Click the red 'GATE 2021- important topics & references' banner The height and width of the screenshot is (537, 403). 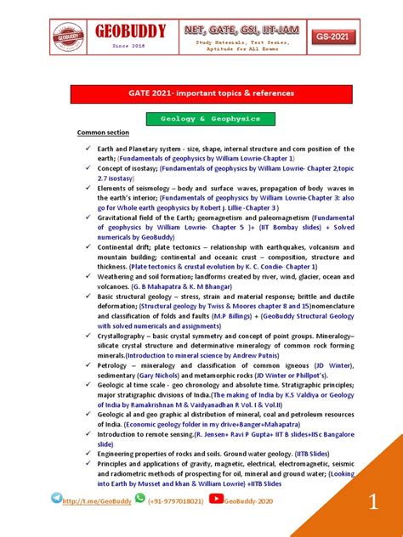(x=201, y=93)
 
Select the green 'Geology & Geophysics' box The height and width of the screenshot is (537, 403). (x=201, y=119)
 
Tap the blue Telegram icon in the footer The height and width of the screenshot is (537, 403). (x=57, y=499)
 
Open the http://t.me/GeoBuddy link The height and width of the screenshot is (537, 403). (x=97, y=501)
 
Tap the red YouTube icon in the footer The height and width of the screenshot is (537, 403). (x=216, y=500)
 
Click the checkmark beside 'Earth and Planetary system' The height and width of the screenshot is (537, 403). (x=88, y=149)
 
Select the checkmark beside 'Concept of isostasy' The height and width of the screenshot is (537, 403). (x=88, y=168)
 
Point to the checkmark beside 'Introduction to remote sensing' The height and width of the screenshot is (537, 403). (x=88, y=432)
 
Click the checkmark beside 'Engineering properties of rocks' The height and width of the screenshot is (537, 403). (x=88, y=452)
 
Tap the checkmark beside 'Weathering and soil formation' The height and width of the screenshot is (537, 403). (x=88, y=276)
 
